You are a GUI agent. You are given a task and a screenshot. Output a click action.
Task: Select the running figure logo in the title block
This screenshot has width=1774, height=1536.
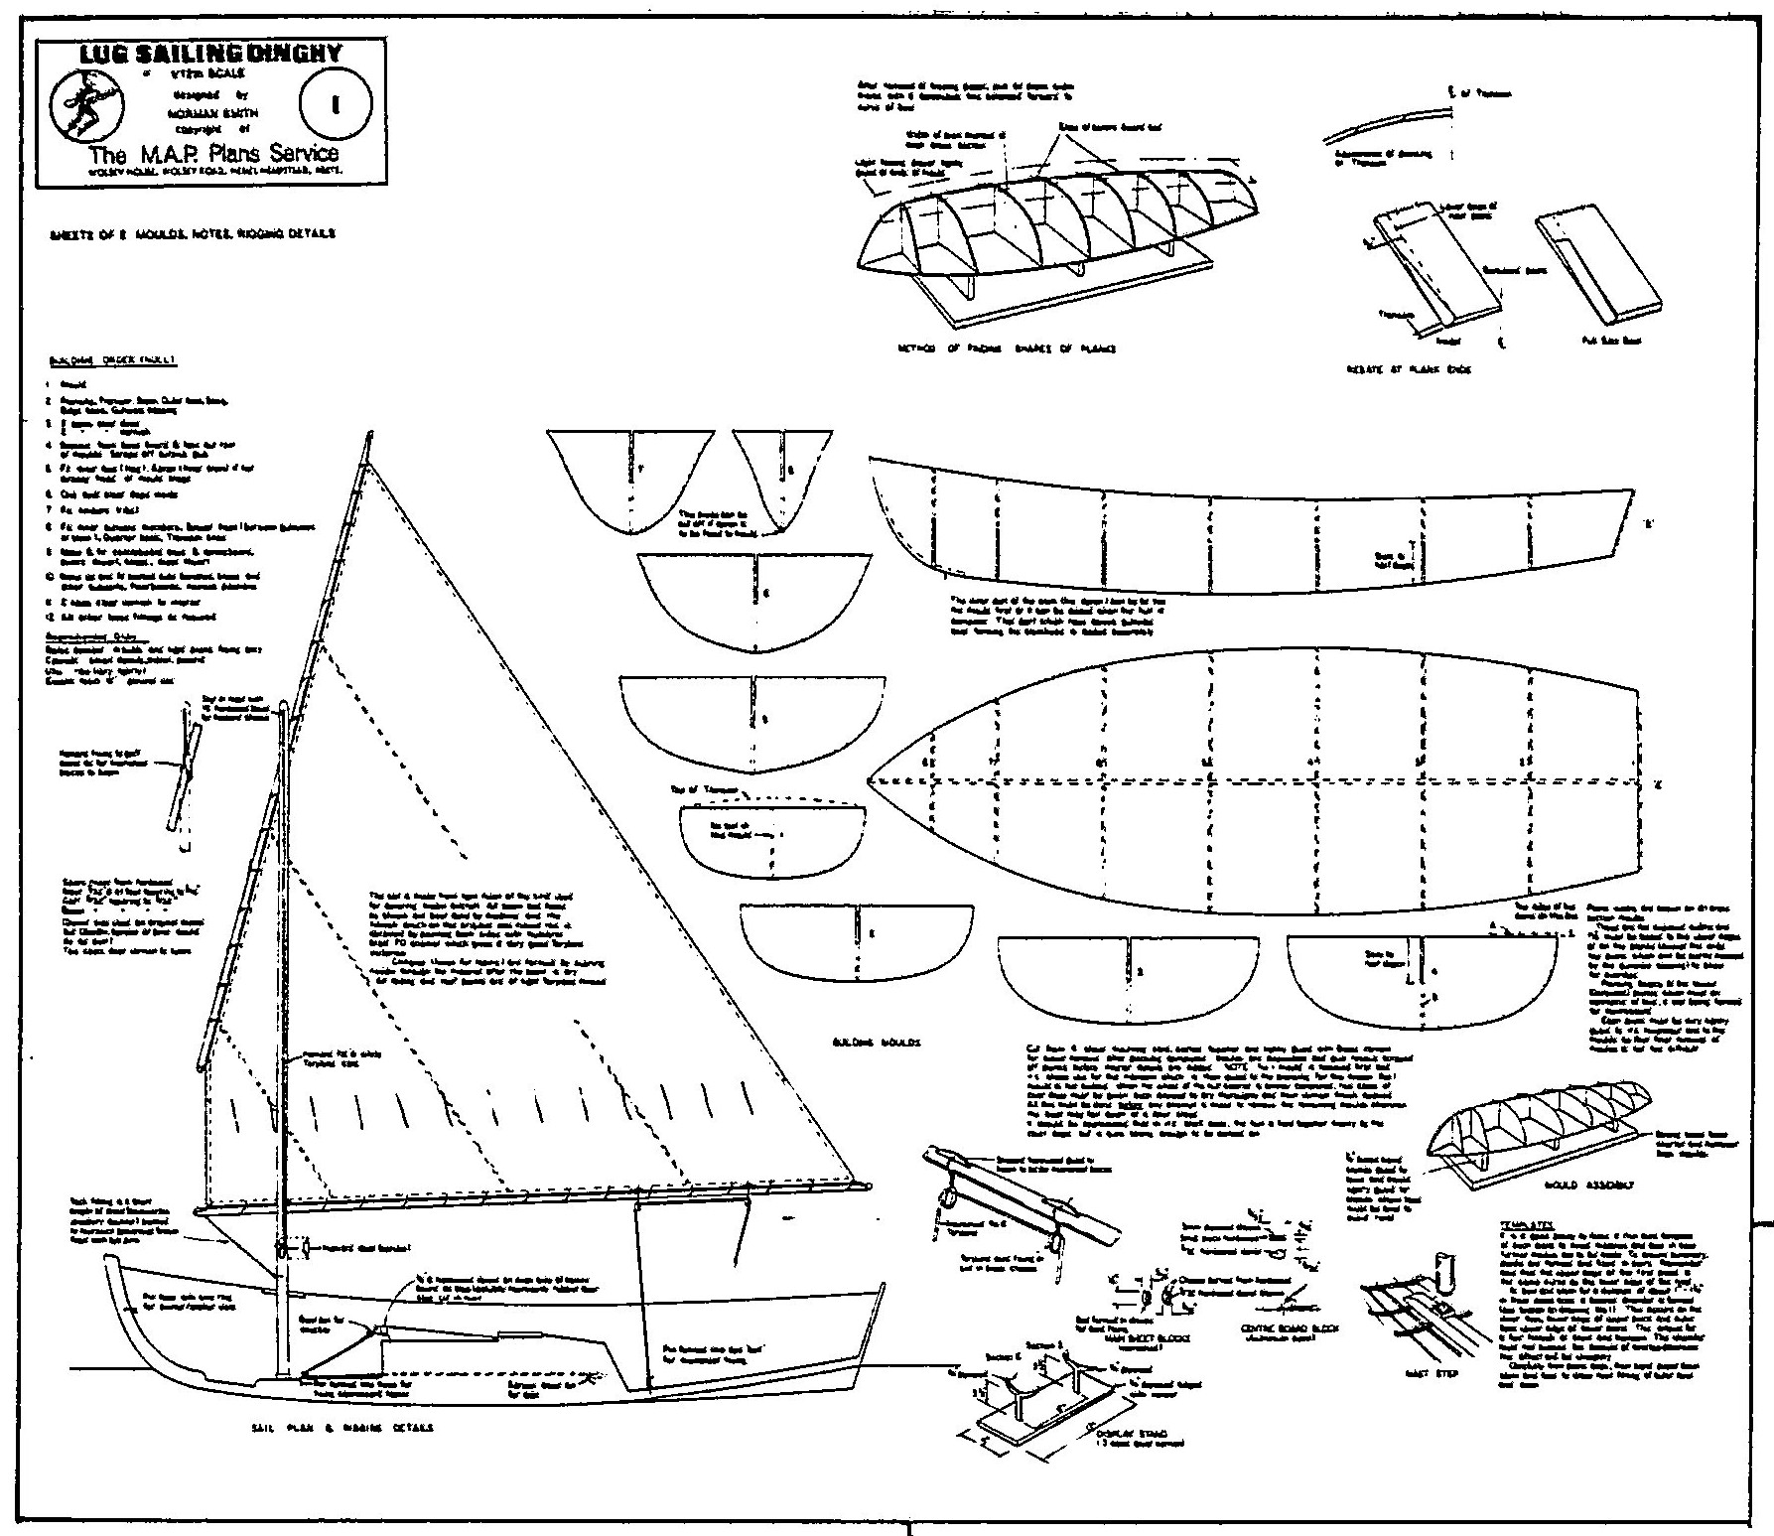tap(85, 101)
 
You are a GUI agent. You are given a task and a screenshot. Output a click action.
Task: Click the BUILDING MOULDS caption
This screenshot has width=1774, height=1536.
tap(874, 1044)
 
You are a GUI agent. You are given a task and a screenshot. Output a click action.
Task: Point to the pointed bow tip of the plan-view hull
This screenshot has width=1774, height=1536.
tap(870, 781)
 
